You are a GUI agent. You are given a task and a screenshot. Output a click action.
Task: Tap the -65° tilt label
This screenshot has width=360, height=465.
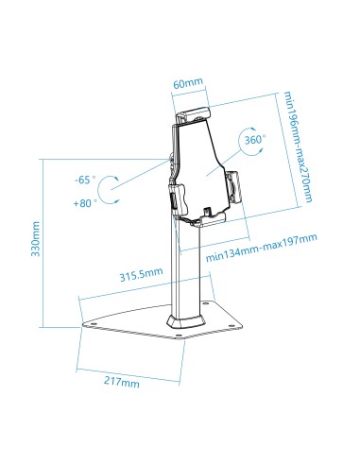click(x=86, y=179)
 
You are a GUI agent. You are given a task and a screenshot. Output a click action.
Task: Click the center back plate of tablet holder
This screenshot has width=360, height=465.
click(x=200, y=165)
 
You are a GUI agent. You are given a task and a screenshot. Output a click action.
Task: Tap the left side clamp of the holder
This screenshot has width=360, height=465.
click(x=173, y=197)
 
